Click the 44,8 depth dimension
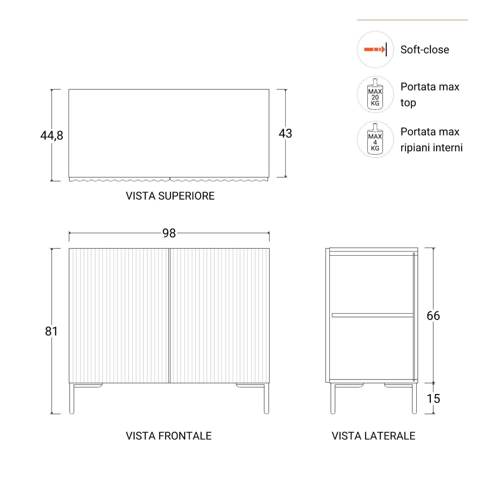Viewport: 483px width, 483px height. pos(52,136)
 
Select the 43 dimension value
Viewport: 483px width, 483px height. pos(285,133)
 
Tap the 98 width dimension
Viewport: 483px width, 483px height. pos(169,233)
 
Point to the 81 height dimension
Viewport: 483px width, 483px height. pos(51,331)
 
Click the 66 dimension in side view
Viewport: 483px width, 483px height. pos(433,316)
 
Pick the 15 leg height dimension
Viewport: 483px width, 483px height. pos(433,399)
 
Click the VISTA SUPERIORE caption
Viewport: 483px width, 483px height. pos(170,196)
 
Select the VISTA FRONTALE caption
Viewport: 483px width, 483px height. pos(168,436)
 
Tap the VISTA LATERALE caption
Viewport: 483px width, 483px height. pos(373,436)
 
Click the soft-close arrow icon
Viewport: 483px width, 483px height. pos(375,49)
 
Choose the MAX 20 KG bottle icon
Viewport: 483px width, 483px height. pos(375,94)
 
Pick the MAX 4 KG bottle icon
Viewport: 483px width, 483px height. pos(375,139)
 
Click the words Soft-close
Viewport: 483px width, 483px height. pos(425,50)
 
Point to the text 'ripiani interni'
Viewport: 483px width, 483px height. pos(431,148)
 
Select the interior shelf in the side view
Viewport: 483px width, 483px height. pos(373,315)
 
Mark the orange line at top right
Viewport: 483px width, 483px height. pos(412,20)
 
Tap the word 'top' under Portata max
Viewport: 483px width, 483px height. pos(408,103)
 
